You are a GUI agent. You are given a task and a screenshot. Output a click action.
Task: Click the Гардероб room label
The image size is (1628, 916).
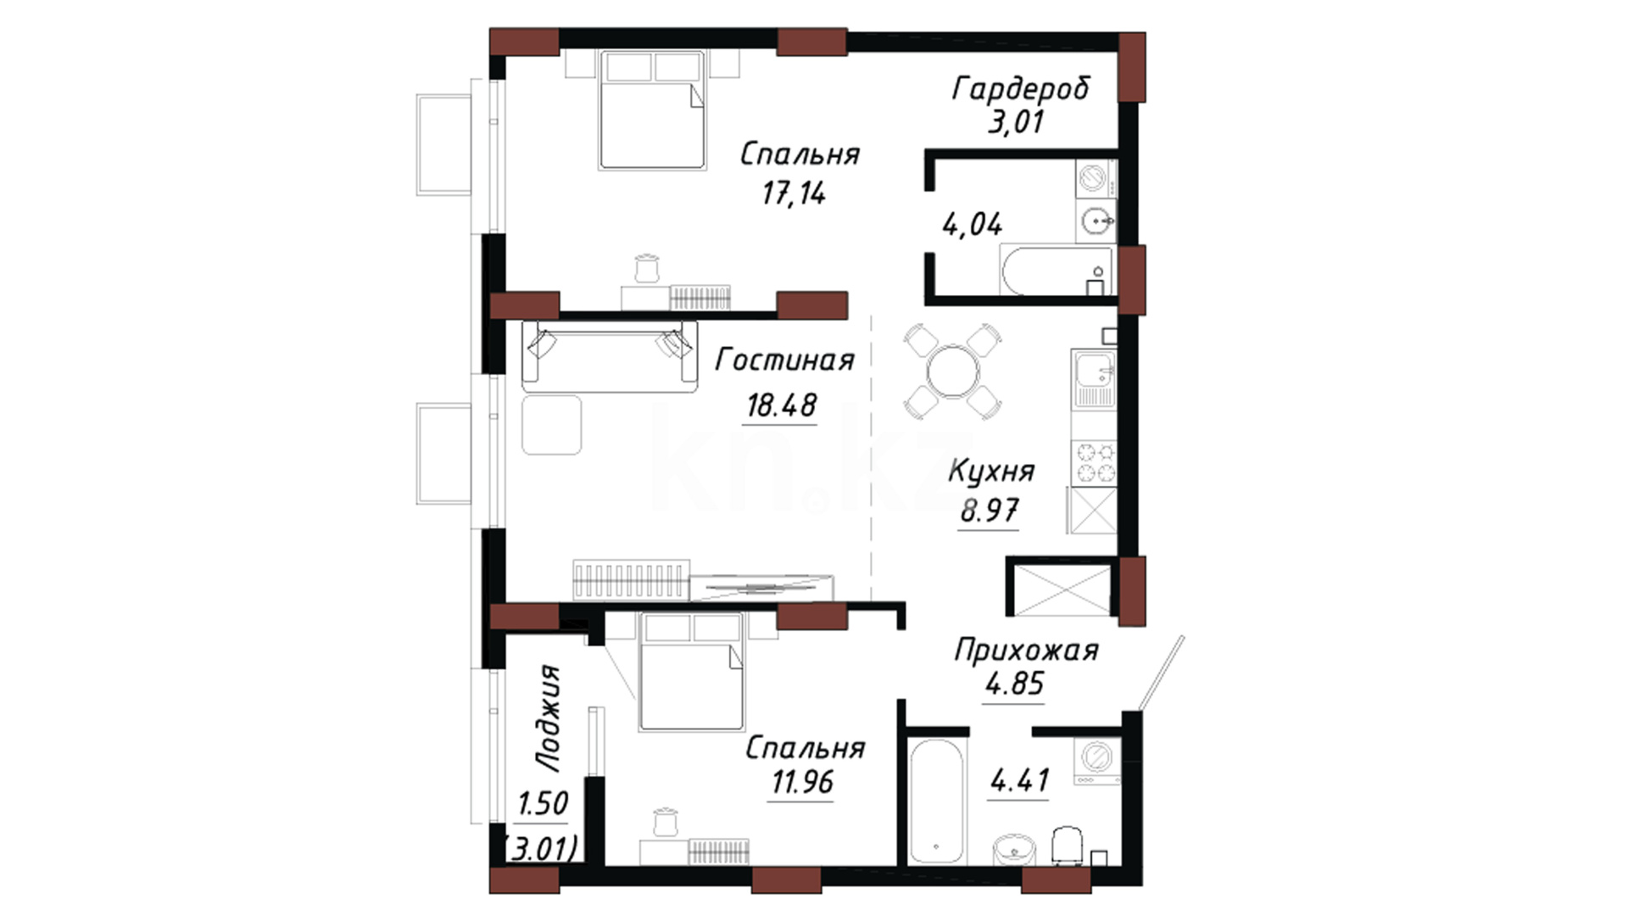pos(1021,88)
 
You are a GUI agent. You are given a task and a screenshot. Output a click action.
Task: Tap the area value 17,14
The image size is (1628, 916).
pos(794,194)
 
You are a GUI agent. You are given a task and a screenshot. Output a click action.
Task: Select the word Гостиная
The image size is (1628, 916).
pos(784,360)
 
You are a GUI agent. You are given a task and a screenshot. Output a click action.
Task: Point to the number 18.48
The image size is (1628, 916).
pos(781,405)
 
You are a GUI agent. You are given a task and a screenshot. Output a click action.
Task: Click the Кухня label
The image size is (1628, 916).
pos(991,472)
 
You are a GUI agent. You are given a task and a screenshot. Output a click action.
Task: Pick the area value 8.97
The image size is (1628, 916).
pos(990,511)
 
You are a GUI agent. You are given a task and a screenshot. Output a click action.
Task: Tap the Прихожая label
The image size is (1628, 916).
pos(1026,651)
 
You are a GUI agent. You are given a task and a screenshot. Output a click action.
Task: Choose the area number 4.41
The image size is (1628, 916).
pos(1020,780)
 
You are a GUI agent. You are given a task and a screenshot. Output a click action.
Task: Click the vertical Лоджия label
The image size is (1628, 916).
pos(549,718)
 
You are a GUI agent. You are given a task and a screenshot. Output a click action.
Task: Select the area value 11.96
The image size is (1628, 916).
pos(802,782)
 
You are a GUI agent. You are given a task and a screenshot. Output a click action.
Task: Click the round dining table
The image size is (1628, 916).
pos(953,371)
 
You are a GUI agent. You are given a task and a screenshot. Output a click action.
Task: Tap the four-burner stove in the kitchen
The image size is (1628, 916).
pos(1095,463)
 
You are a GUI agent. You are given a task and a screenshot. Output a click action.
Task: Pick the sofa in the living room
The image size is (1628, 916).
pos(610,356)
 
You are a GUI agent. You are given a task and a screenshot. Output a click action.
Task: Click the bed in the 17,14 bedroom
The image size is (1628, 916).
pos(653,109)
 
